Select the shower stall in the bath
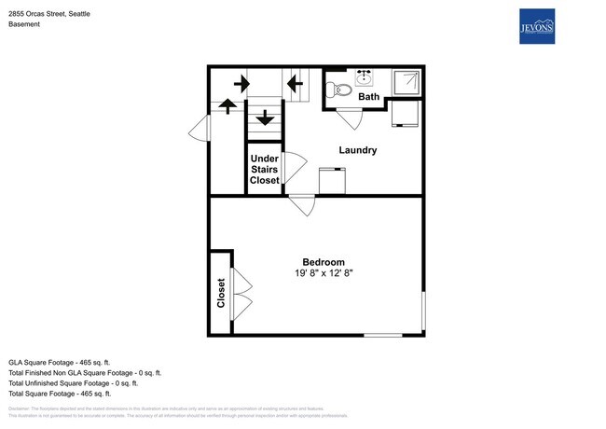click(406, 83)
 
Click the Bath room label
click(369, 96)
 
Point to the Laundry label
click(357, 150)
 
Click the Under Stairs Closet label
click(264, 169)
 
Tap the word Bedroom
click(324, 261)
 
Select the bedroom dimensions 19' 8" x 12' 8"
click(324, 273)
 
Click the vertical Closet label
click(221, 293)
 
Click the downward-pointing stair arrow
click(264, 118)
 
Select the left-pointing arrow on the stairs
click(296, 84)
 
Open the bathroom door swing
click(349, 119)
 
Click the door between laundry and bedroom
click(302, 205)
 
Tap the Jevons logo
click(536, 27)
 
